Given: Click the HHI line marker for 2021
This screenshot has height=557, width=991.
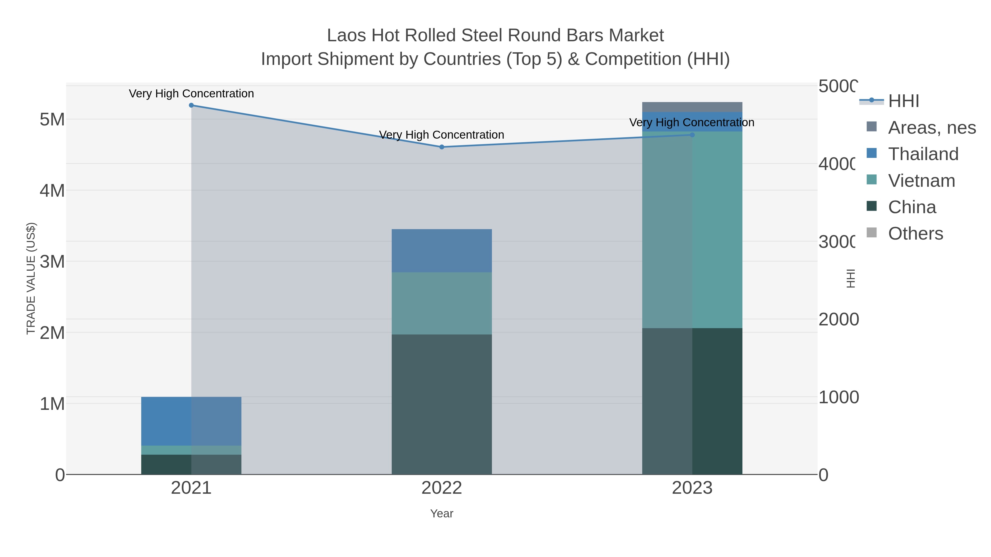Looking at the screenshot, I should (191, 105).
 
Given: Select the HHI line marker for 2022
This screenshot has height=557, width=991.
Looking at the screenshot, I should (442, 147).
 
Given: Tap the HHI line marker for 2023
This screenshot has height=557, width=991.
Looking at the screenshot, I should (692, 135).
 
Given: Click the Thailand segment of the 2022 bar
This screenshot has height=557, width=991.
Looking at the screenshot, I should (442, 251).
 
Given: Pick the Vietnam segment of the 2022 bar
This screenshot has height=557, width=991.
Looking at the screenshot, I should (442, 303).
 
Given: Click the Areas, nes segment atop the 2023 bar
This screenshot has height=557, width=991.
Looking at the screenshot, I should (692, 107).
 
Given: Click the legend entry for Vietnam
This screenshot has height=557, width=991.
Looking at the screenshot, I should (921, 181).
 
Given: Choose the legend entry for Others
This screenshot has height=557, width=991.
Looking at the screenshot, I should (915, 234).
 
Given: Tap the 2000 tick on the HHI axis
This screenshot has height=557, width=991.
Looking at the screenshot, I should (838, 319).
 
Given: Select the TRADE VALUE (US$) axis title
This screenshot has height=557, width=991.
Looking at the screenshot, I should (31, 278).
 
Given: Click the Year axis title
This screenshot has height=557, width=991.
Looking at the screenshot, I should (442, 514).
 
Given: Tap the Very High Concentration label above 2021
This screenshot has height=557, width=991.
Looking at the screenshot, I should (191, 94).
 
